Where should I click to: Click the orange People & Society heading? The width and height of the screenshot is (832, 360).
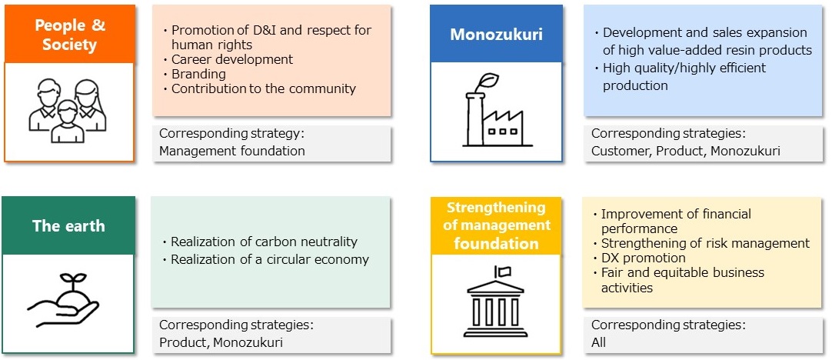(x=69, y=34)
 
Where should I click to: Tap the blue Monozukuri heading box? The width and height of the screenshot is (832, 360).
(x=496, y=34)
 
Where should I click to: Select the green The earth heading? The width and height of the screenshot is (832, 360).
(x=68, y=225)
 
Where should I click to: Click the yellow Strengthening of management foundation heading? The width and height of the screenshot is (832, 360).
(x=496, y=225)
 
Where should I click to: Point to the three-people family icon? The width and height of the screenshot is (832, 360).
(x=68, y=111)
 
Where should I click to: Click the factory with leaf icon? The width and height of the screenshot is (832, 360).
(x=496, y=109)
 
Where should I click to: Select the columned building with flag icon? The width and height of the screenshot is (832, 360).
(x=496, y=301)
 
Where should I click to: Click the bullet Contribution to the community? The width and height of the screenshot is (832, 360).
(x=263, y=88)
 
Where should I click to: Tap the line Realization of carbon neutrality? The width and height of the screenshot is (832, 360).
(x=264, y=242)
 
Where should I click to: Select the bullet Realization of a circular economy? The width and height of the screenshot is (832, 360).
(x=270, y=260)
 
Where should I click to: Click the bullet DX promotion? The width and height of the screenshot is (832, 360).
(x=643, y=258)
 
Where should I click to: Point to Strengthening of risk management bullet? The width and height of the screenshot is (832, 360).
(x=705, y=243)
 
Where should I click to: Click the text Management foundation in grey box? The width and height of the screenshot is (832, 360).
(x=232, y=151)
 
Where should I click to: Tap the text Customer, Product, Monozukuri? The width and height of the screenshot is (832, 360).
(x=686, y=151)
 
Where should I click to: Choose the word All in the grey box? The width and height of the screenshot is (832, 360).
(x=598, y=342)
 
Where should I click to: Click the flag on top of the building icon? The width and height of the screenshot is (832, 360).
(x=502, y=272)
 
